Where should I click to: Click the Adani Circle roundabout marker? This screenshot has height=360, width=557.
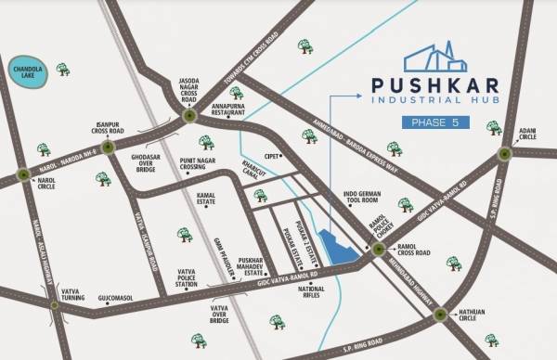[x=505, y=154]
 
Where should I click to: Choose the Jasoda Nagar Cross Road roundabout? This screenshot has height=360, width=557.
[x=188, y=116]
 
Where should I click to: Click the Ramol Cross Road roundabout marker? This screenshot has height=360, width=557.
[x=377, y=250]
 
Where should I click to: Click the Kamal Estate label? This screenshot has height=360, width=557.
[x=208, y=201]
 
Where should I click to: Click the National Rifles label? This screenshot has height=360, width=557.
[x=311, y=293]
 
